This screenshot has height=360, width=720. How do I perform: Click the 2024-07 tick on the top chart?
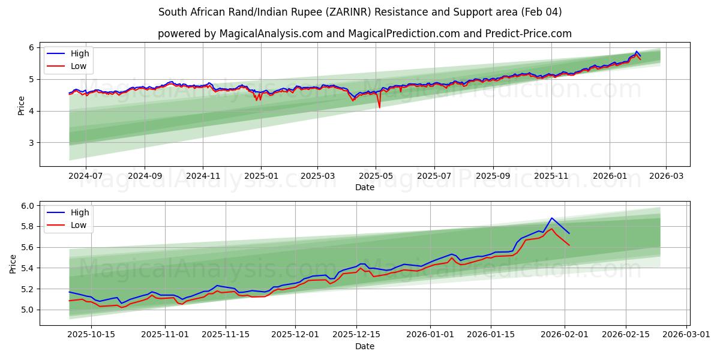coord(86,176)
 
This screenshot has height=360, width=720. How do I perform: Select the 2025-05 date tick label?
coord(376,176)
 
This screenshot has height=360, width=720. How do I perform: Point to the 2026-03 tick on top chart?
coord(666,176)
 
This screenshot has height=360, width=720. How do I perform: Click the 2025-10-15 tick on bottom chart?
coord(91,335)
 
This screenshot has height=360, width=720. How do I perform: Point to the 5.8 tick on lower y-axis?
coord(26,227)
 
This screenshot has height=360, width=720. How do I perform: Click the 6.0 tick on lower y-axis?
coord(26,206)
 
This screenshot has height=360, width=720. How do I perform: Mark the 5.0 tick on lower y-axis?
coord(26,310)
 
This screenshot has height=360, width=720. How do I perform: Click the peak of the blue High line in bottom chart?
coord(551,218)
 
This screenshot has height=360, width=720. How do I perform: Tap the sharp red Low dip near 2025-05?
coord(379,107)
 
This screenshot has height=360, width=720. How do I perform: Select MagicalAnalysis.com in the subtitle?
coord(271,34)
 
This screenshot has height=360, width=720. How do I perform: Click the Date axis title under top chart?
coord(364,187)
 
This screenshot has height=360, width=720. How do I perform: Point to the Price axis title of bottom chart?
coord(13,263)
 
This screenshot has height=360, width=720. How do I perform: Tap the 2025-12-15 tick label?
coord(356,335)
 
